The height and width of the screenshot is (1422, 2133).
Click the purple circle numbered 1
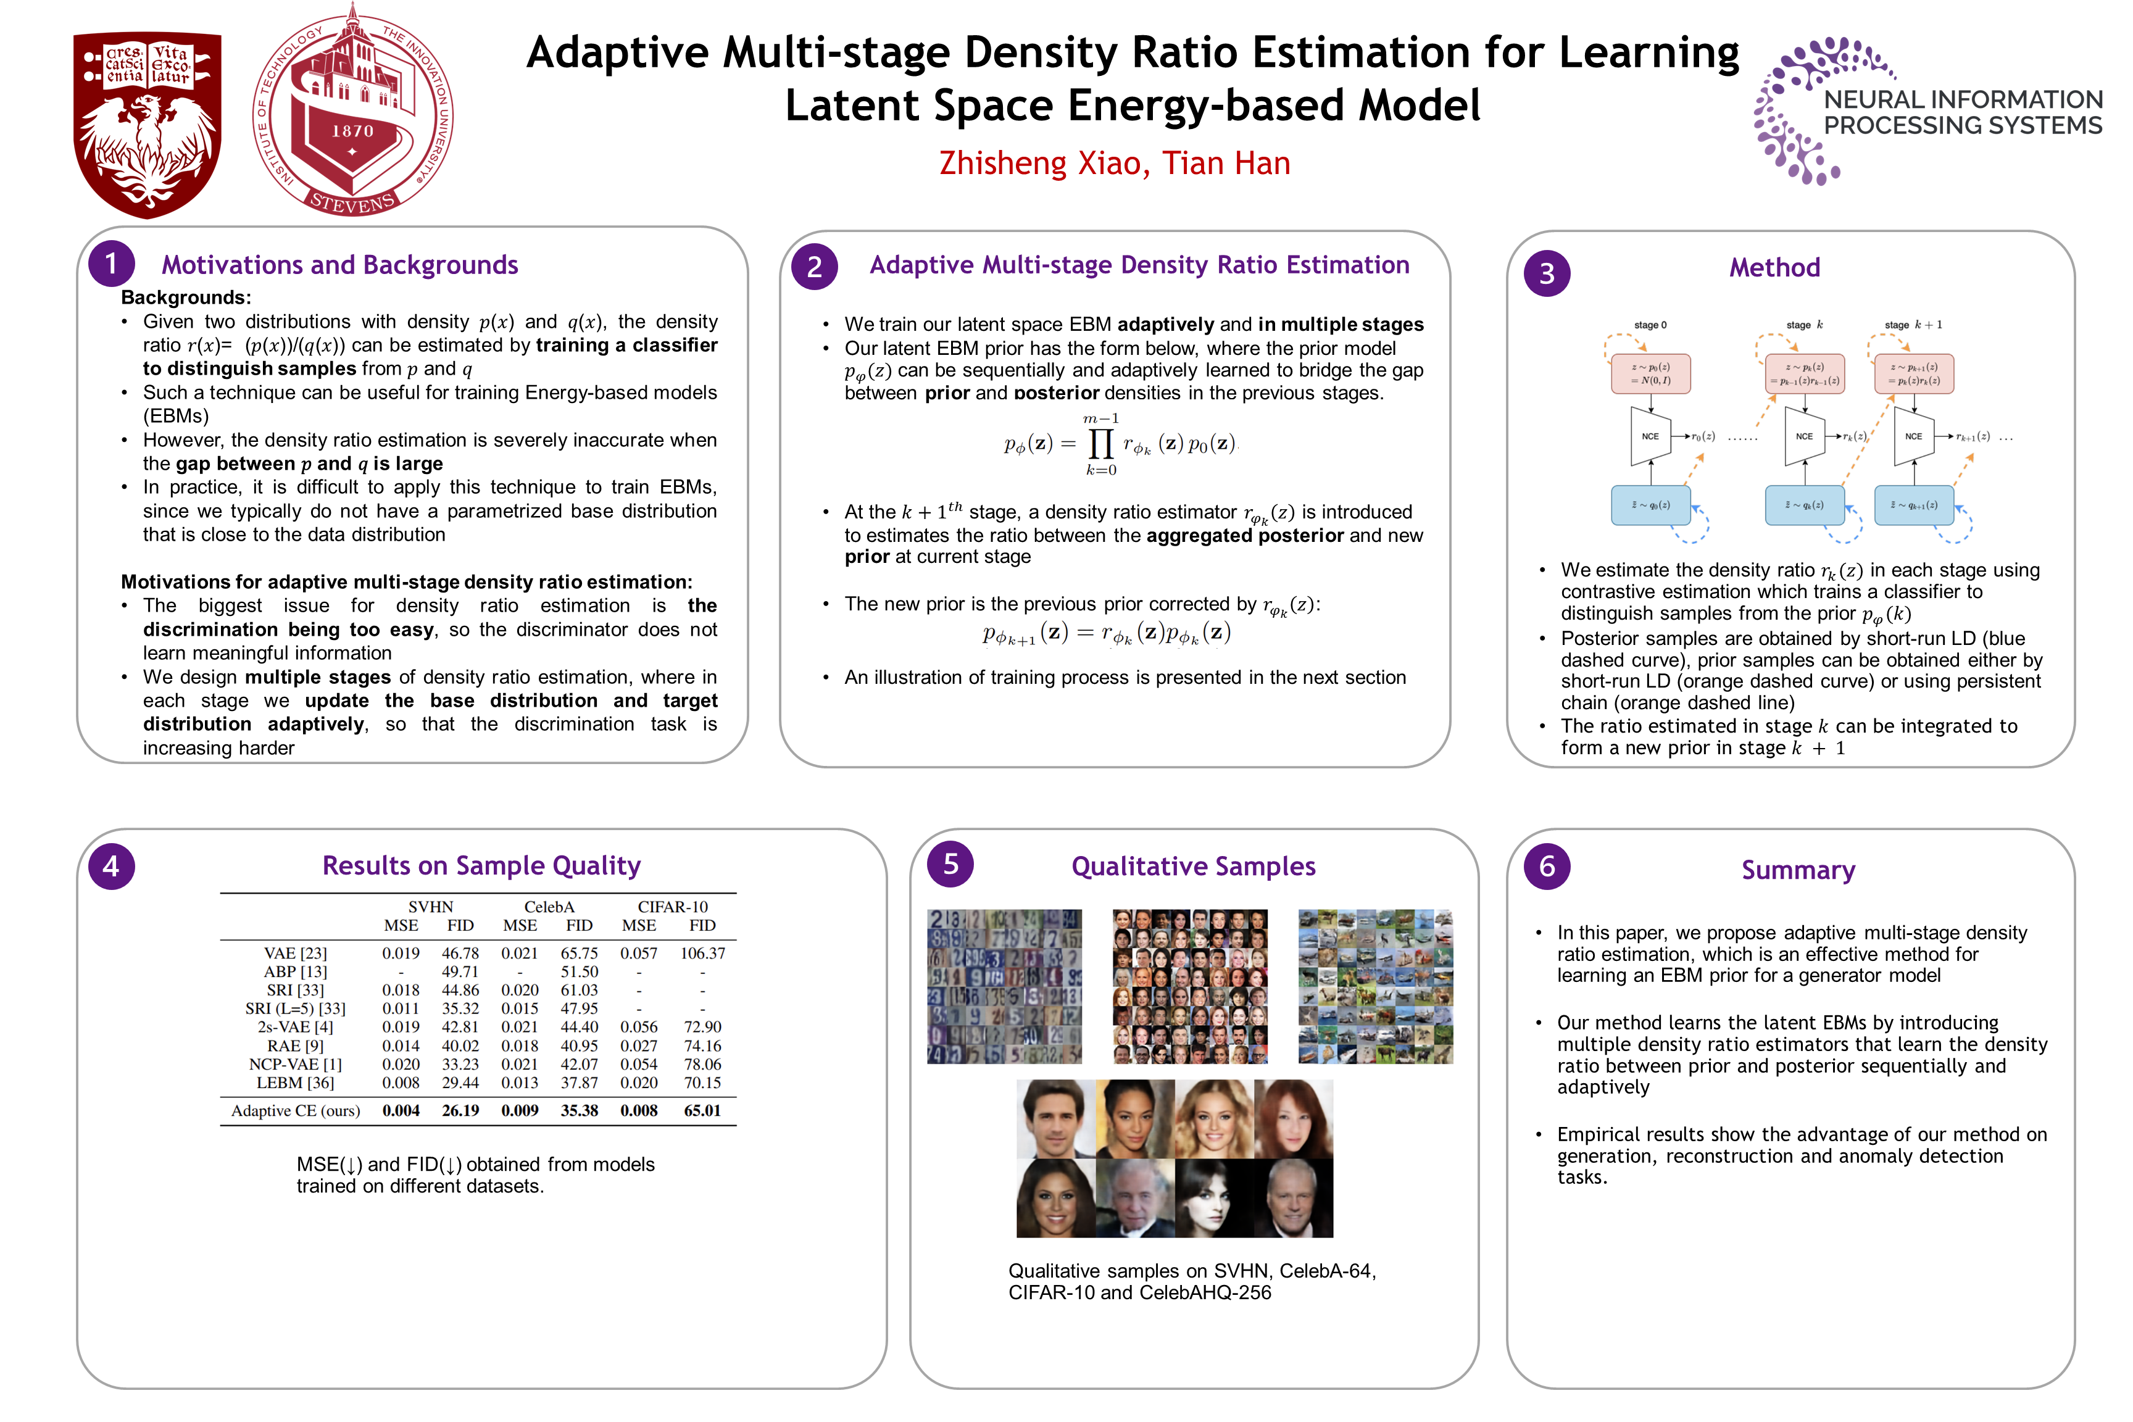[110, 264]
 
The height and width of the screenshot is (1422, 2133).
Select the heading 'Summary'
[1797, 870]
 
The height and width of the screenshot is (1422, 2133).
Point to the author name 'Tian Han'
[1226, 163]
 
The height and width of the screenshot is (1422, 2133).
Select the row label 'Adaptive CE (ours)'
[296, 1111]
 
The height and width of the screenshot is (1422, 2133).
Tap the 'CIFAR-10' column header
[672, 907]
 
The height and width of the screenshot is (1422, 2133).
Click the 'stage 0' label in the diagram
[1650, 325]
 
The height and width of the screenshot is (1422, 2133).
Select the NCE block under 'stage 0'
[1650, 436]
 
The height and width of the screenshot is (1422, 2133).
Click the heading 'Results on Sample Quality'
[481, 865]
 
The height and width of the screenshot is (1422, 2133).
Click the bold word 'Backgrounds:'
[186, 297]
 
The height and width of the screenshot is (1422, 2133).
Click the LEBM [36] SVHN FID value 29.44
[460, 1083]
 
